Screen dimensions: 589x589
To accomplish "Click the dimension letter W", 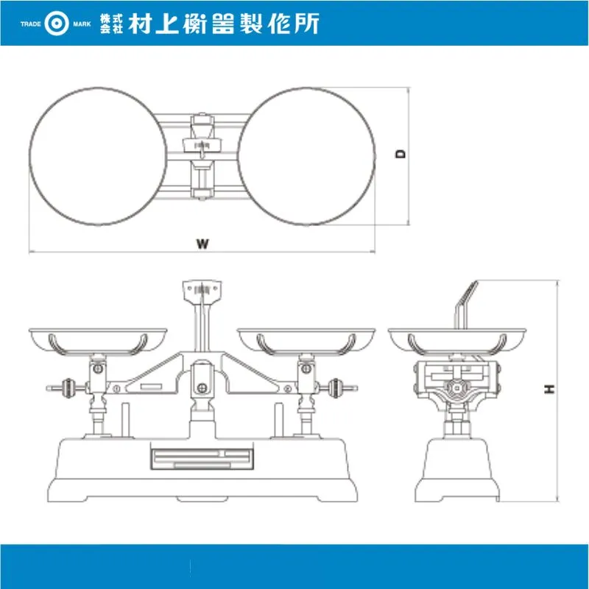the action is [202, 244].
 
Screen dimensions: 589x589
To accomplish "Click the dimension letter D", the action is [401, 154].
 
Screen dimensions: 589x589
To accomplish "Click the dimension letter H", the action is [549, 389].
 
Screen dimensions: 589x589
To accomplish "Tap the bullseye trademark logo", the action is [57, 24].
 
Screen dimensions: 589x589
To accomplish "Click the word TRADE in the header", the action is [31, 24].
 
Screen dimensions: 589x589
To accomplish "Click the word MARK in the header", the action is [82, 24].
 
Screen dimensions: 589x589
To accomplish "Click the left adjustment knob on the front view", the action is [68, 387].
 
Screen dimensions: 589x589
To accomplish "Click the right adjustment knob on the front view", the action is [335, 387].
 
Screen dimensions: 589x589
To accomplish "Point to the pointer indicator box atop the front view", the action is [202, 290].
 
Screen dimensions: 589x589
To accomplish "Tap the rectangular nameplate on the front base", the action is [202, 459].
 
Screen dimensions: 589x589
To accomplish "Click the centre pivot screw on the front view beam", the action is [202, 388].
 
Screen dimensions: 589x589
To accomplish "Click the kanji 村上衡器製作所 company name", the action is [224, 24].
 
